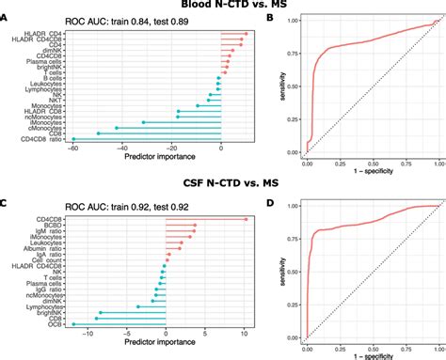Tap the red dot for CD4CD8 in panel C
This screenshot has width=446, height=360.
point(246,218)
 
